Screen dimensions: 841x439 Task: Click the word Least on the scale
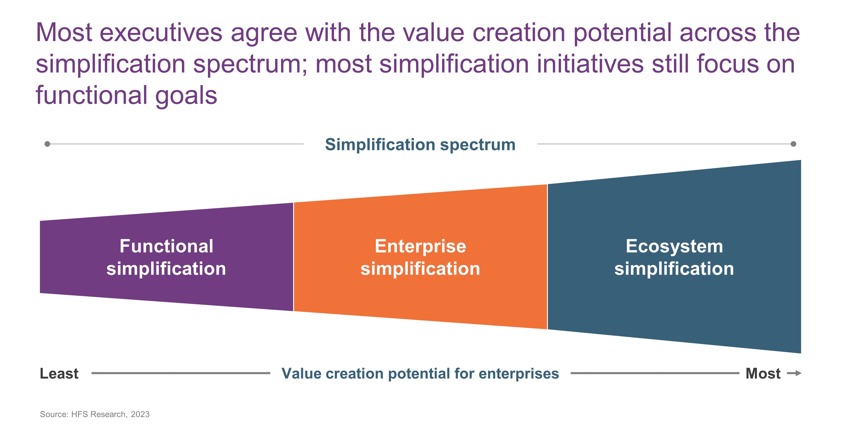(x=59, y=373)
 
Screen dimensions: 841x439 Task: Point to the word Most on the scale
(x=763, y=373)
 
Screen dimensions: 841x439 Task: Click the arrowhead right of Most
(x=798, y=373)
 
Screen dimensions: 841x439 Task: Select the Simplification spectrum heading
(x=420, y=145)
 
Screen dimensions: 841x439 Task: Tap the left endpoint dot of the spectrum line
(x=47, y=144)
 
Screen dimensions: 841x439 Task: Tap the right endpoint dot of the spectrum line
(x=793, y=144)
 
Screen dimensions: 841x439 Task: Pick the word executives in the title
(x=161, y=33)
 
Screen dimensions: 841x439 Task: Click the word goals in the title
(x=186, y=96)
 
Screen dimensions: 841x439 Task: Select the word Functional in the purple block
(x=166, y=246)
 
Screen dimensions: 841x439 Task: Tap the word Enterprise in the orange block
(x=420, y=246)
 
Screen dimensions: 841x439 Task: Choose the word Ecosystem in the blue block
(x=674, y=246)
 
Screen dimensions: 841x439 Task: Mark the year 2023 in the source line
(x=140, y=414)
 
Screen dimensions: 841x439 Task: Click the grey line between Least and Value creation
(x=181, y=373)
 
